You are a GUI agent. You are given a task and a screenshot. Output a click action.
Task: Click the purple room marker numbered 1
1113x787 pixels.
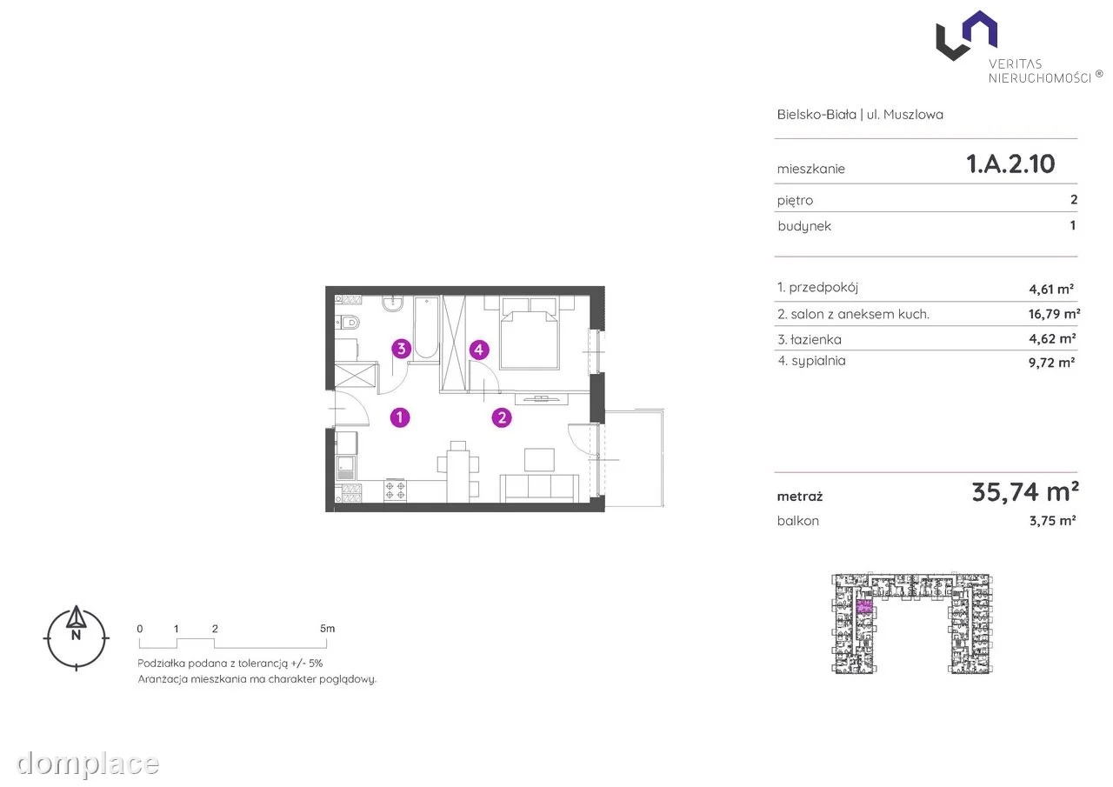[x=400, y=417]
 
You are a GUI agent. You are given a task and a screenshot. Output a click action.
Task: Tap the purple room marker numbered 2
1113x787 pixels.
[x=502, y=417]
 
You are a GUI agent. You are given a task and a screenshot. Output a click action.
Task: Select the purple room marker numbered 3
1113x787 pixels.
[x=402, y=349]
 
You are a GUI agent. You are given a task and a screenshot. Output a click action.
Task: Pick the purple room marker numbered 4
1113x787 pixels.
[x=479, y=350]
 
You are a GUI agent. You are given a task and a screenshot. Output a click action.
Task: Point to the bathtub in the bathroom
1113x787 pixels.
[x=426, y=328]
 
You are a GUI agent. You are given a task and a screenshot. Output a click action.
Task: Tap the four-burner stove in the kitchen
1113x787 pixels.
[x=395, y=490]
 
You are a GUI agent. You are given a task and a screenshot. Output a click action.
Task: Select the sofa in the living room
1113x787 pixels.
[x=539, y=489]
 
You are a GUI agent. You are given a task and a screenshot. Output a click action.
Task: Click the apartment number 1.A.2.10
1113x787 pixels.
[x=1010, y=163]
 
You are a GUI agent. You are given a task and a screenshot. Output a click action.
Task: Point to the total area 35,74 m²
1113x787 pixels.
[x=1025, y=492]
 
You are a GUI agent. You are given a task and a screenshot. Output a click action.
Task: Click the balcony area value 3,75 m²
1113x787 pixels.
[x=1052, y=521]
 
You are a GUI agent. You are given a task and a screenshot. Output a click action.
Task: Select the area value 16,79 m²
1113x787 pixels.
[x=1054, y=314]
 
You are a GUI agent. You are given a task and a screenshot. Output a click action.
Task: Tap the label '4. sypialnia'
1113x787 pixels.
[x=811, y=361]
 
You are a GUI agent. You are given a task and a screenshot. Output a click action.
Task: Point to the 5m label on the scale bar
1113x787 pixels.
[x=327, y=629]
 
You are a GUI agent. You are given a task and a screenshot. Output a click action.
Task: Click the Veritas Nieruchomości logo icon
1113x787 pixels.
[x=966, y=36]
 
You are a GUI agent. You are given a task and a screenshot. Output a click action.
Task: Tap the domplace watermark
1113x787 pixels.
[x=88, y=764]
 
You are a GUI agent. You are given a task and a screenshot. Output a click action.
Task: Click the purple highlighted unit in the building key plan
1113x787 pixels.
[x=864, y=606]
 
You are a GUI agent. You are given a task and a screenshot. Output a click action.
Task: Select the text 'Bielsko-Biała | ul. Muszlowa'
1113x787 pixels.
[x=860, y=114]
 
